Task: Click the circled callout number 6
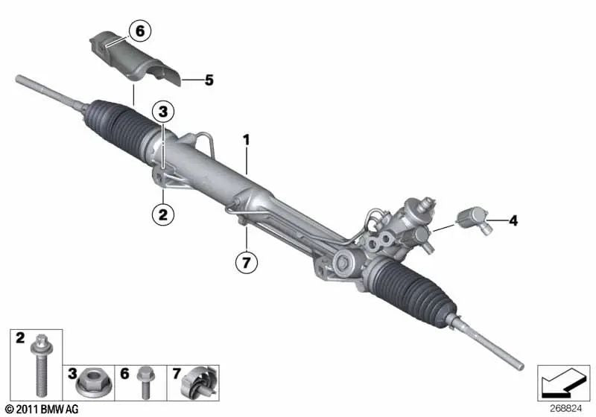coord(139,31)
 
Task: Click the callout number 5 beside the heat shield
coord(209,79)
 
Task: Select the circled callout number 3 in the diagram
coord(164,112)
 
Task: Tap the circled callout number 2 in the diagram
coord(162,215)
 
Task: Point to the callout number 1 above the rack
coord(247,139)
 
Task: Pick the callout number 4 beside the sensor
coord(513,220)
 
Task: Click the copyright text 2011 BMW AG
coord(41,409)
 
